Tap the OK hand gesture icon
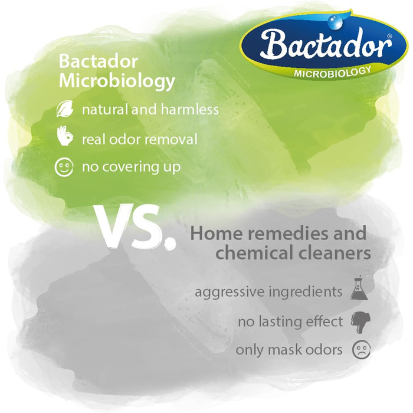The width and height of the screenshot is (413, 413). pyautogui.click(x=65, y=136)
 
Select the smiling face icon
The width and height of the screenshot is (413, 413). pyautogui.click(x=64, y=167)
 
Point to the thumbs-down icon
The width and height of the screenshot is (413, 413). pyautogui.click(x=360, y=322)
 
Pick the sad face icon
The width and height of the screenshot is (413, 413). pyautogui.click(x=361, y=350)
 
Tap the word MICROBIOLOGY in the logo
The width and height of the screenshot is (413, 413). pyautogui.click(x=332, y=72)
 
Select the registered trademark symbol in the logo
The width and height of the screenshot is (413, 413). pyautogui.click(x=389, y=35)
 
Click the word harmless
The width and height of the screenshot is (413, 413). pyautogui.click(x=189, y=110)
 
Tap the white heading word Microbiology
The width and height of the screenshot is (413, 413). pyautogui.click(x=117, y=81)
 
